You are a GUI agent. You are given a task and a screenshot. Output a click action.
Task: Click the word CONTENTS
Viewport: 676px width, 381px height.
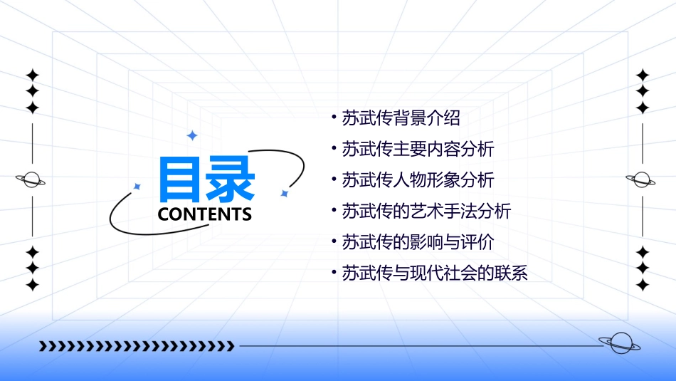point(205,214)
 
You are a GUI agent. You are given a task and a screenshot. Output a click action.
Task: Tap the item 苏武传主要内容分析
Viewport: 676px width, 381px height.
point(418,149)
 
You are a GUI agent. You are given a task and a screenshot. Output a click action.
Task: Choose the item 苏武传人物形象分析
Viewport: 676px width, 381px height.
point(418,179)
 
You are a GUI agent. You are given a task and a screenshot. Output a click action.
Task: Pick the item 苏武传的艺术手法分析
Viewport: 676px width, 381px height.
point(426,211)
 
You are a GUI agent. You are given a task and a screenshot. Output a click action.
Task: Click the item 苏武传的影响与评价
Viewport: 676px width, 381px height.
point(418,241)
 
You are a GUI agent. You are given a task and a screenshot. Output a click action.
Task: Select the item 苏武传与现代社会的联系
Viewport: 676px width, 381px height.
point(435,273)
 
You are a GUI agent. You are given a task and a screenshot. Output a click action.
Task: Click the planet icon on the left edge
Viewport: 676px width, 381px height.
point(32,179)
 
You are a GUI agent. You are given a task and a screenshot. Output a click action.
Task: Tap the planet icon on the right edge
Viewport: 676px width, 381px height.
point(642,179)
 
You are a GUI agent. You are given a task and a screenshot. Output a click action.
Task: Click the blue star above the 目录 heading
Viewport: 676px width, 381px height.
point(191,135)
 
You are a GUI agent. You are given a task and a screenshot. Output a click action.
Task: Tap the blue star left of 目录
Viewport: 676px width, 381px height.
point(137,187)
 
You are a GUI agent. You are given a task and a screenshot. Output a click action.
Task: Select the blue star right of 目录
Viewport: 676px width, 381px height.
point(284,193)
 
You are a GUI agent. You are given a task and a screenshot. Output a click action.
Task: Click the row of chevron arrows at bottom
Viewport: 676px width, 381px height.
point(137,346)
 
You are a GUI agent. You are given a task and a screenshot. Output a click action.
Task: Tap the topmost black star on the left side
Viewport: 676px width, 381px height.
point(32,75)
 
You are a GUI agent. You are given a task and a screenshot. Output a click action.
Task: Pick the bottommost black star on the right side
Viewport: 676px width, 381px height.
point(643,285)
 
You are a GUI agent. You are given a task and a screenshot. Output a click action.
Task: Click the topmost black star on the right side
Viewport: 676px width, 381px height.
point(643,75)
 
